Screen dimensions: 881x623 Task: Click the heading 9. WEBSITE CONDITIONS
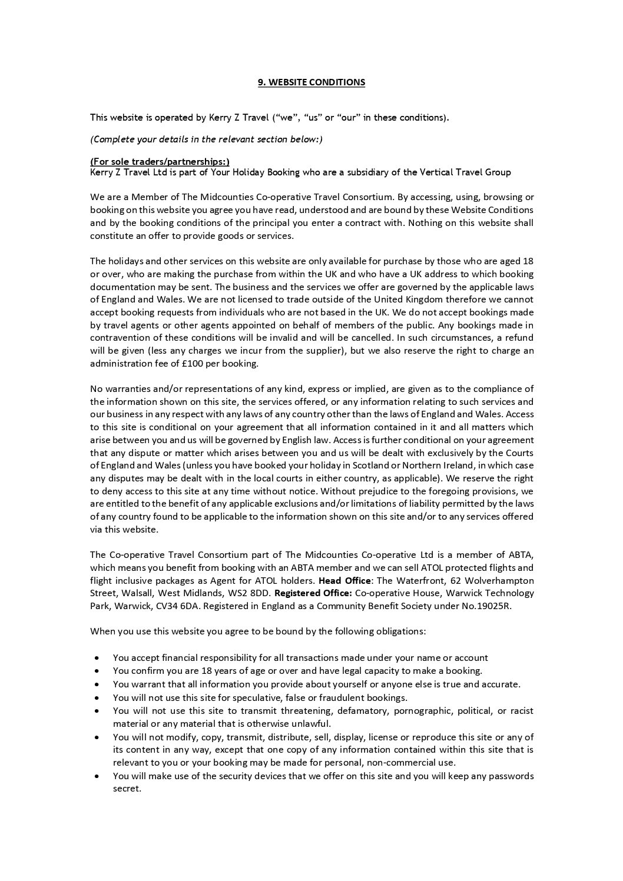[x=311, y=82]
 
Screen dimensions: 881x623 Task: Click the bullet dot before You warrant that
[x=97, y=684]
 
